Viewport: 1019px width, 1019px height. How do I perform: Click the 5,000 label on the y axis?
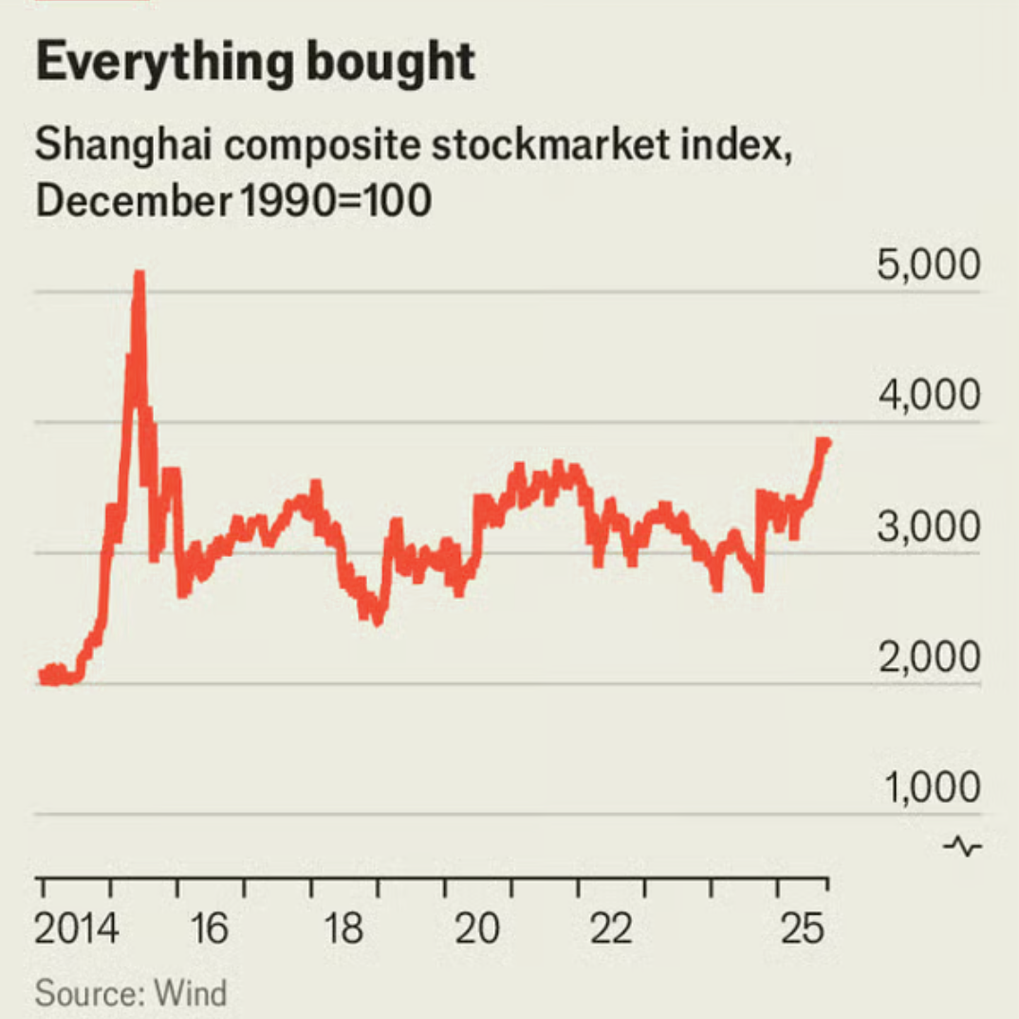(928, 267)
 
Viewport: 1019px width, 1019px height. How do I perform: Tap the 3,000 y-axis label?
(928, 528)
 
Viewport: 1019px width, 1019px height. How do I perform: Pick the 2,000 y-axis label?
(928, 658)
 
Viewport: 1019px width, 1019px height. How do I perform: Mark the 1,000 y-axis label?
(928, 787)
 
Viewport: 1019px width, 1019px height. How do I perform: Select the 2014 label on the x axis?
(77, 929)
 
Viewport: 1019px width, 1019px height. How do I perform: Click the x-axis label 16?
(209, 929)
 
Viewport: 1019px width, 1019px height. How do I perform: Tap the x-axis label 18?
(343, 929)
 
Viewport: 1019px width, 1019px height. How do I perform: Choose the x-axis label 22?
(610, 929)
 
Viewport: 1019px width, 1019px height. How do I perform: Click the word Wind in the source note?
(191, 993)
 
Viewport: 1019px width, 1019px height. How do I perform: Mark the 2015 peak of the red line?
(139, 274)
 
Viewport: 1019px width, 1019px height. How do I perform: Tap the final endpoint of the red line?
(825, 443)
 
